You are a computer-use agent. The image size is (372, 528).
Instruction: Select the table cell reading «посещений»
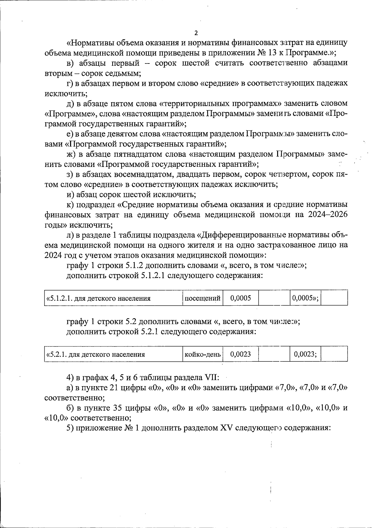click(x=202, y=299)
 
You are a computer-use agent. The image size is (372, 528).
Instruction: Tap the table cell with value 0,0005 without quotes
click(x=241, y=299)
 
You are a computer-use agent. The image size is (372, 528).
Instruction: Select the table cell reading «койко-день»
click(x=202, y=354)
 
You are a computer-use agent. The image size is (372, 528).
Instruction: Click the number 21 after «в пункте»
click(x=114, y=388)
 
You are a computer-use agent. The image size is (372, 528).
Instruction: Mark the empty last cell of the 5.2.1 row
click(x=334, y=354)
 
